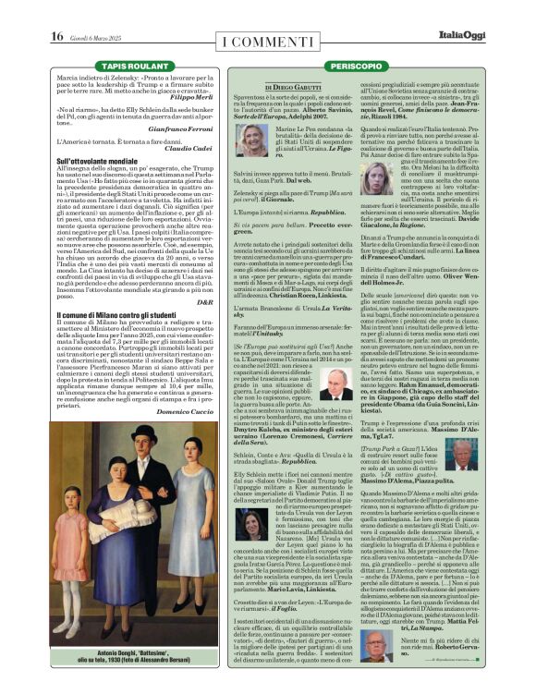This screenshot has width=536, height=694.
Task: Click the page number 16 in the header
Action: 56,36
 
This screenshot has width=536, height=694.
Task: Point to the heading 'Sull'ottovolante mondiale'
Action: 97,161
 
